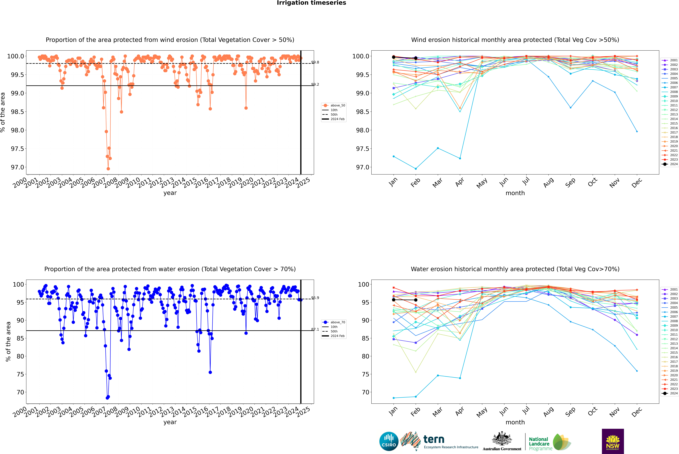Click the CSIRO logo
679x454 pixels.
(389, 441)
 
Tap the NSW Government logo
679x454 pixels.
(613, 441)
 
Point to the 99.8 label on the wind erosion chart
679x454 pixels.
(315, 62)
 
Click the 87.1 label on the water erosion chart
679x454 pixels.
(315, 329)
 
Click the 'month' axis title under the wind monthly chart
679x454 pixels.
(515, 193)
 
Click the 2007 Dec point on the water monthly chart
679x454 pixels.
(637, 315)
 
